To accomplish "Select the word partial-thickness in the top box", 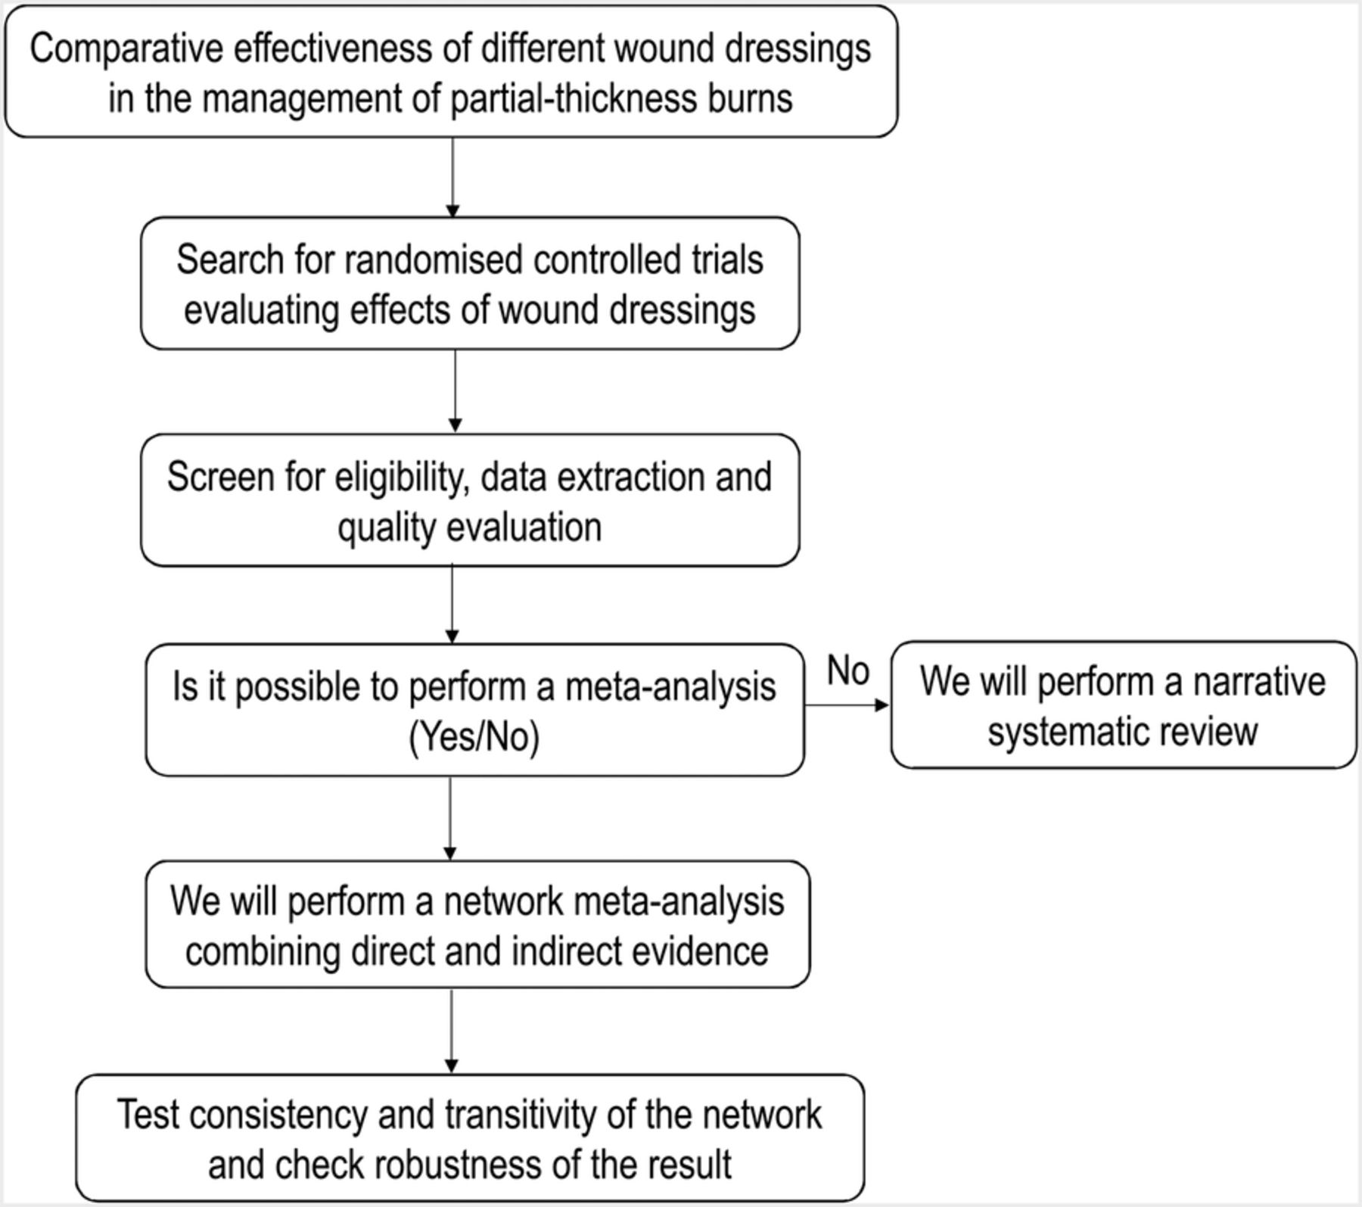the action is (x=573, y=98).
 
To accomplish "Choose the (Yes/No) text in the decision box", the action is (x=474, y=736).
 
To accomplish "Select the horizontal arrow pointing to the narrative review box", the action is (x=847, y=705).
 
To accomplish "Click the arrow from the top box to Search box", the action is (x=452, y=178).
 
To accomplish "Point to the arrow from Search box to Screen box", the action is (x=455, y=391).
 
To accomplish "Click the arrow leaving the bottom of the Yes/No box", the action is (x=450, y=818).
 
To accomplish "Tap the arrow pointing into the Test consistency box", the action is (x=452, y=1031).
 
